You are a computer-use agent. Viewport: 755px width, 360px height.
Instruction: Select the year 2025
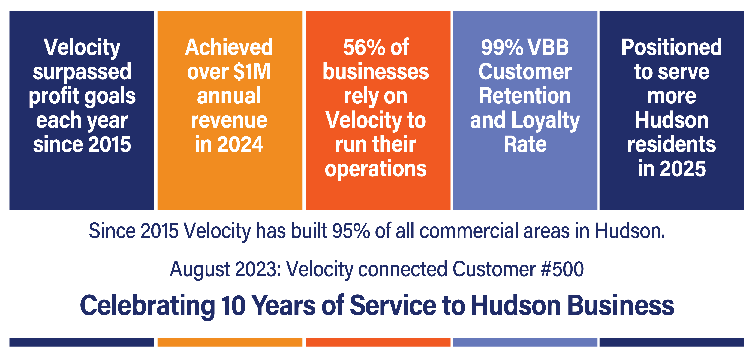[x=683, y=169]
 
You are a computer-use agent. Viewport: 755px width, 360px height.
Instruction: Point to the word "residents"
[x=672, y=144]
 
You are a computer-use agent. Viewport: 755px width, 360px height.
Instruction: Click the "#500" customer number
[x=562, y=269]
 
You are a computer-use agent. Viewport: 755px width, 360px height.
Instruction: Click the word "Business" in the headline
[x=621, y=305]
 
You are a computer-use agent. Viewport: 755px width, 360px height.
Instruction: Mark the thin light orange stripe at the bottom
[x=230, y=342]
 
